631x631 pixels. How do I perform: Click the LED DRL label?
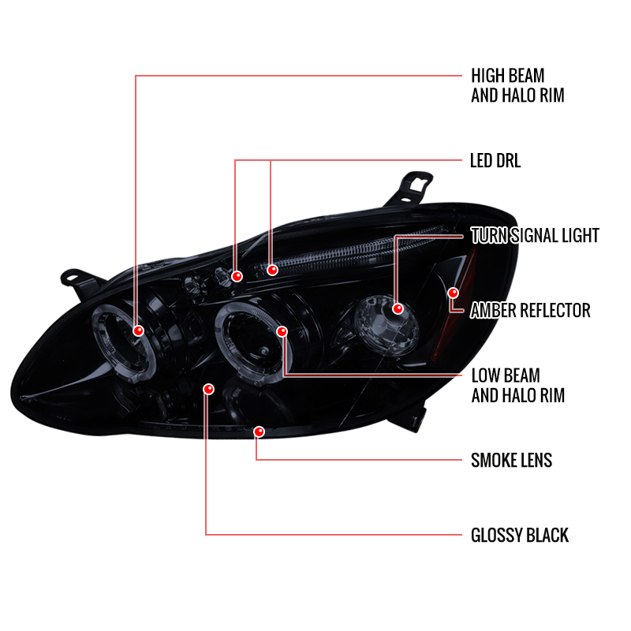tap(495, 161)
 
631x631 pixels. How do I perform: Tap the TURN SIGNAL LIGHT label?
tap(535, 235)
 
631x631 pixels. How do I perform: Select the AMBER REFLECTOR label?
tap(530, 310)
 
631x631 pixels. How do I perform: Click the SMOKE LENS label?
tap(511, 461)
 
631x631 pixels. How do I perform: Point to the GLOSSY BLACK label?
tap(520, 536)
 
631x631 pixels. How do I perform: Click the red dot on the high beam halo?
tap(139, 330)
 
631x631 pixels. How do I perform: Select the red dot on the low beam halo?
tap(282, 331)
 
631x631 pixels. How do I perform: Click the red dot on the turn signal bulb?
tap(398, 308)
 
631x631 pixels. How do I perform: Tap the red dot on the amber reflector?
tap(453, 293)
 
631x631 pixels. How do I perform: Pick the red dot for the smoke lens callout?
tap(259, 431)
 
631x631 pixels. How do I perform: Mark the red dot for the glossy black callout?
tap(208, 389)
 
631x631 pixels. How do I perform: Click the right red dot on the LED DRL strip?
tap(272, 270)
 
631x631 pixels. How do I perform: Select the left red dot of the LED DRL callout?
tap(237, 276)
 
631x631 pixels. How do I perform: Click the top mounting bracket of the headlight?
tap(410, 188)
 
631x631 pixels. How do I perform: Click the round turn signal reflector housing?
tap(385, 325)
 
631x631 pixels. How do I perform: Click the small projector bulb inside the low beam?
tap(263, 351)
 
